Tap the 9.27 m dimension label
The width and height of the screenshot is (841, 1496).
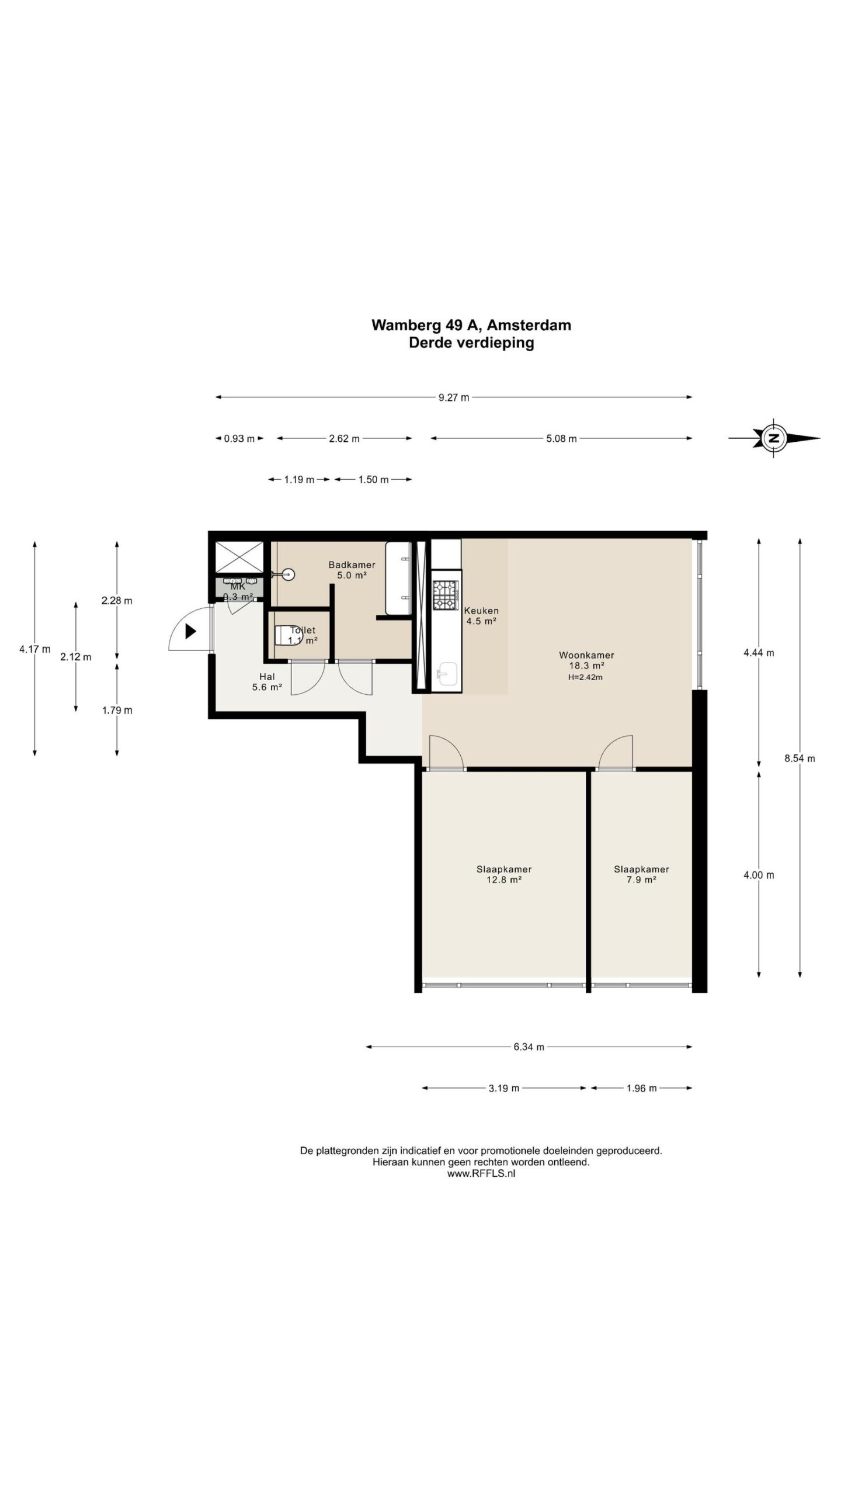(x=454, y=398)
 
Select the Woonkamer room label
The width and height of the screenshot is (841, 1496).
(x=586, y=655)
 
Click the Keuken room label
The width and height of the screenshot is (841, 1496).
(x=481, y=611)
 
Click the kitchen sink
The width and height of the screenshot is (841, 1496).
(x=448, y=674)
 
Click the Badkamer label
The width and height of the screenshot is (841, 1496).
(x=352, y=565)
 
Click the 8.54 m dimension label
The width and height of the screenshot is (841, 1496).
(x=800, y=759)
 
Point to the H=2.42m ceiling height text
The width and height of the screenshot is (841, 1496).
(x=585, y=677)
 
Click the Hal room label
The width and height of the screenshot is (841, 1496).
(x=267, y=677)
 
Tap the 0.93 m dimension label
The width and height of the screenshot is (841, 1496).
(x=239, y=439)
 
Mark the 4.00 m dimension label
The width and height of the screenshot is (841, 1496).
(x=759, y=875)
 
